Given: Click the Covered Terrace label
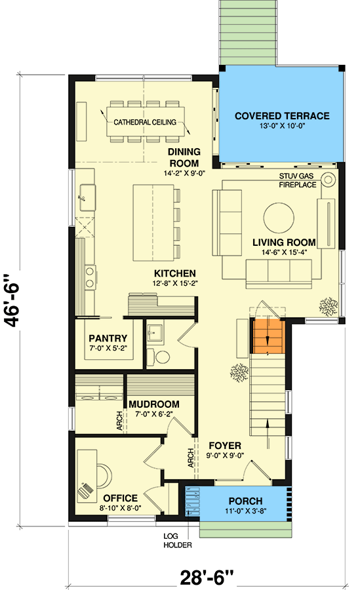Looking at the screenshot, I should tap(282, 116).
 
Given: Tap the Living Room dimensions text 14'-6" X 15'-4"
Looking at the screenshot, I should tap(284, 253).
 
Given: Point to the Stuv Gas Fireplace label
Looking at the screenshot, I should tap(298, 180).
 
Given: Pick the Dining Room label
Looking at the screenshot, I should tap(184, 157).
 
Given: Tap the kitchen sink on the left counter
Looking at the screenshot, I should tap(85, 194).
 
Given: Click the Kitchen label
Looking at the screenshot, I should tap(174, 273).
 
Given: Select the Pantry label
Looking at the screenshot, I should tap(108, 339).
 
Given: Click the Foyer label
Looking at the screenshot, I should tap(225, 445).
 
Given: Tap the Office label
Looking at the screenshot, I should tap(119, 498).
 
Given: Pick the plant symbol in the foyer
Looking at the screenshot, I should tap(238, 372).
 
